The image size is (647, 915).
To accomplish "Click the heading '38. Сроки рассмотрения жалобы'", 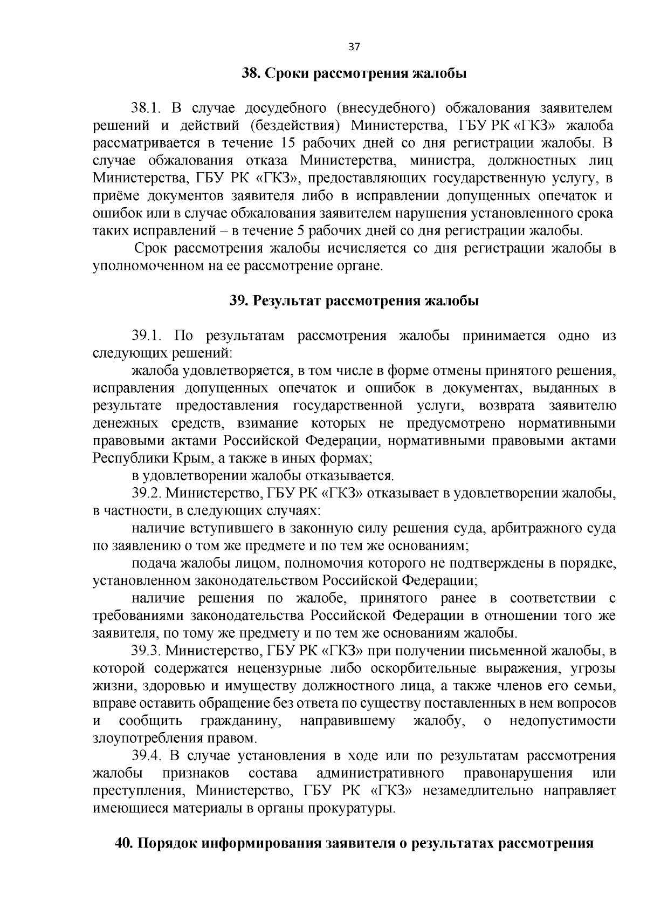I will (354, 73).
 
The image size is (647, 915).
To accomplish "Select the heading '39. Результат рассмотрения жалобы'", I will (354, 301).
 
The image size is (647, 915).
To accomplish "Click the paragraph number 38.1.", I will (147, 108).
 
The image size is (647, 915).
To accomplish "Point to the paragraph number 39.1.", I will (147, 336).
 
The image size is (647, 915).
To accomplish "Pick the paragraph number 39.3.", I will (147, 651).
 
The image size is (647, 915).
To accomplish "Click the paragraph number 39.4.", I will (147, 756).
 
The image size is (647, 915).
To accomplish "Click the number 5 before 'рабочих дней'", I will (301, 231).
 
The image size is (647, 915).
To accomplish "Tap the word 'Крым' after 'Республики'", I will (191, 459).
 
